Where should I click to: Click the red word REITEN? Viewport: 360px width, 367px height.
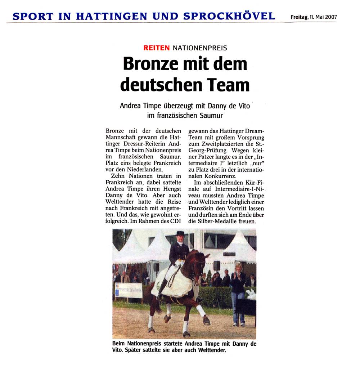click(156, 48)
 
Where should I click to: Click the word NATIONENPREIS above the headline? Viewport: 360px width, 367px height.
click(200, 48)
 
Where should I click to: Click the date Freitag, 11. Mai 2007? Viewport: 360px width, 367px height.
click(313, 17)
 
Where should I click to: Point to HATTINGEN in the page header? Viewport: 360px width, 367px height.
click(111, 16)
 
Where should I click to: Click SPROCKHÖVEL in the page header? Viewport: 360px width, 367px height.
click(229, 16)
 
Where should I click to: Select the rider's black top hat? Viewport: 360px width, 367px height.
click(180, 234)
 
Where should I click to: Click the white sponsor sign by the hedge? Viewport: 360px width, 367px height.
click(129, 290)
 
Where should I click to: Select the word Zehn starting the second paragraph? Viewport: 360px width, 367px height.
click(118, 176)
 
